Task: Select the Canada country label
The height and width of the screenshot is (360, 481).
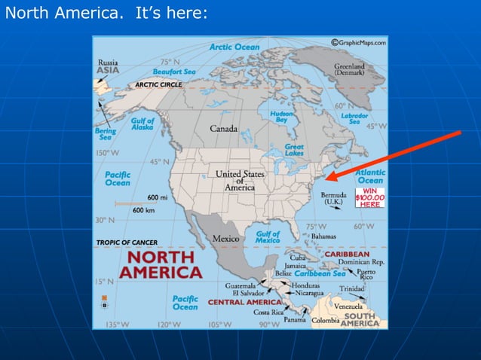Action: pos(223,129)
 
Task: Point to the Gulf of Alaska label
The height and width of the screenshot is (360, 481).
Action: pos(142,124)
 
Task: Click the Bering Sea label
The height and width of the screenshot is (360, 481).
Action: pos(105,134)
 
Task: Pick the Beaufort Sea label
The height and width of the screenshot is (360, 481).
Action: pos(174,72)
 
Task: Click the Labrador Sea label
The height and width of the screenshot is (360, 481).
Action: pos(354,119)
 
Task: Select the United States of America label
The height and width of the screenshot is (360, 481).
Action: pos(240,180)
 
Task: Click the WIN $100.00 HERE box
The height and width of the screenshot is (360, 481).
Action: pos(369,197)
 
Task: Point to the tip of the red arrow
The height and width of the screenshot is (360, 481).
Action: pos(327,179)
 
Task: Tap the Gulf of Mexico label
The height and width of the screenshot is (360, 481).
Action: pos(268,237)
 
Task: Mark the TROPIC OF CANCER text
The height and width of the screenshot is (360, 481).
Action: pos(125,243)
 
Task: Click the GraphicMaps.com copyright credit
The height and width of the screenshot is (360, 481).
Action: pos(358,43)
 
